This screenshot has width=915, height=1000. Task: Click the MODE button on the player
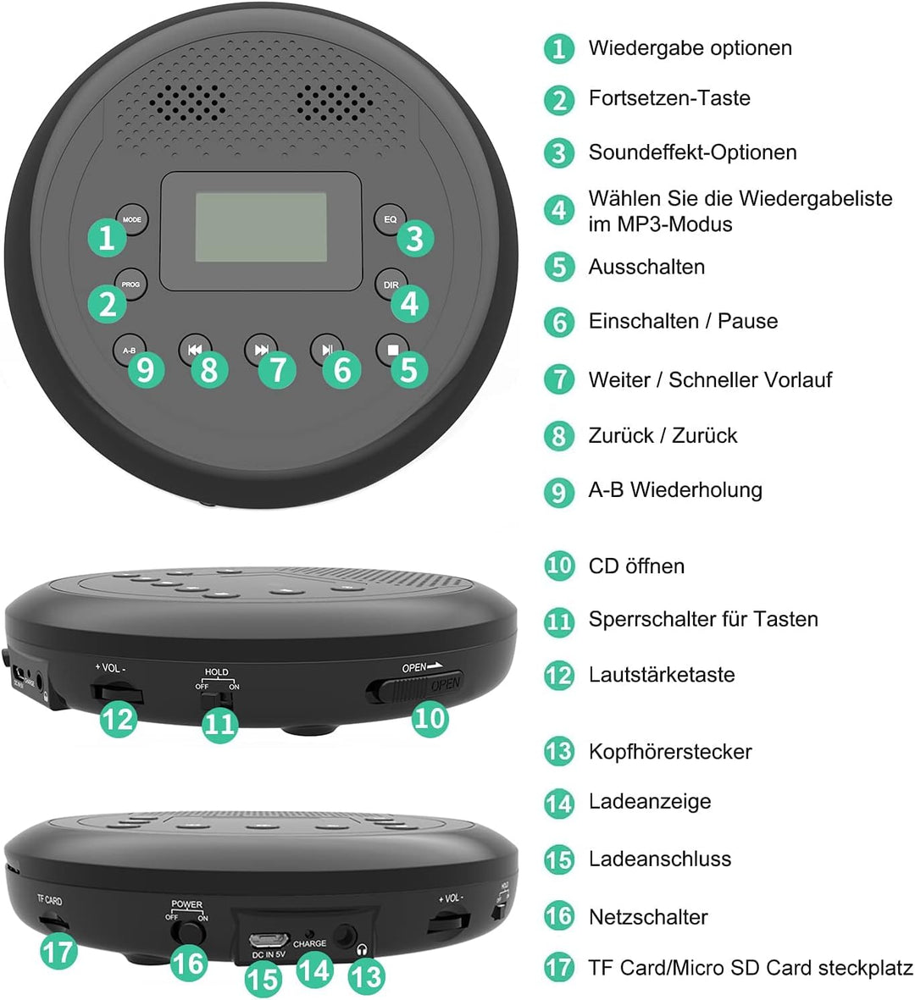coord(131,219)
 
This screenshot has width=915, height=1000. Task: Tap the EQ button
coord(390,219)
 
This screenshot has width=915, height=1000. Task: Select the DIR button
coord(390,285)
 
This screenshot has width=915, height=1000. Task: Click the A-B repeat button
coord(129,350)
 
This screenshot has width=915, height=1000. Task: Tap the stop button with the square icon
coord(392,348)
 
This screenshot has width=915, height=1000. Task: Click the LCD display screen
coord(261,227)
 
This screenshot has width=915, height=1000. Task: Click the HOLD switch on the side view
coord(219,699)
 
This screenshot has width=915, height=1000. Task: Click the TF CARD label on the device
coord(50,901)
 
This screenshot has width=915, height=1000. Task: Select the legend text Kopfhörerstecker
coord(669,751)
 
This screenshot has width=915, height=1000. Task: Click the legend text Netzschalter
coord(648,916)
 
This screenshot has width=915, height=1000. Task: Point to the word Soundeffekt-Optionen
coord(692,152)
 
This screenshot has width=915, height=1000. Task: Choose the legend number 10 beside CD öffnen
coord(559,566)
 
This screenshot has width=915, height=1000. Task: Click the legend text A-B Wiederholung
coord(674,489)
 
